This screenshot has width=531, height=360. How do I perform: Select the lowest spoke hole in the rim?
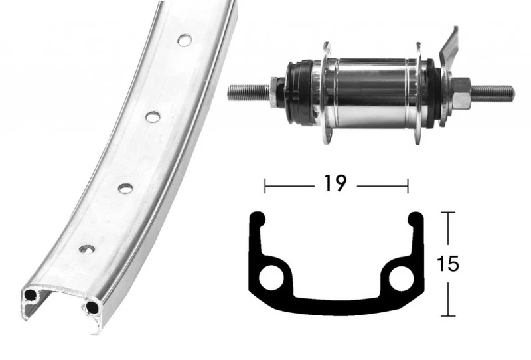pyautogui.click(x=86, y=250)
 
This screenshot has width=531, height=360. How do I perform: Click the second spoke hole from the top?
pyautogui.click(x=153, y=116)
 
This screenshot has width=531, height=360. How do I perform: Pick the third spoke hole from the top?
pyautogui.click(x=125, y=188)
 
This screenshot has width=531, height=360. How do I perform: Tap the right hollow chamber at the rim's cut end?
pyautogui.click(x=91, y=306)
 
